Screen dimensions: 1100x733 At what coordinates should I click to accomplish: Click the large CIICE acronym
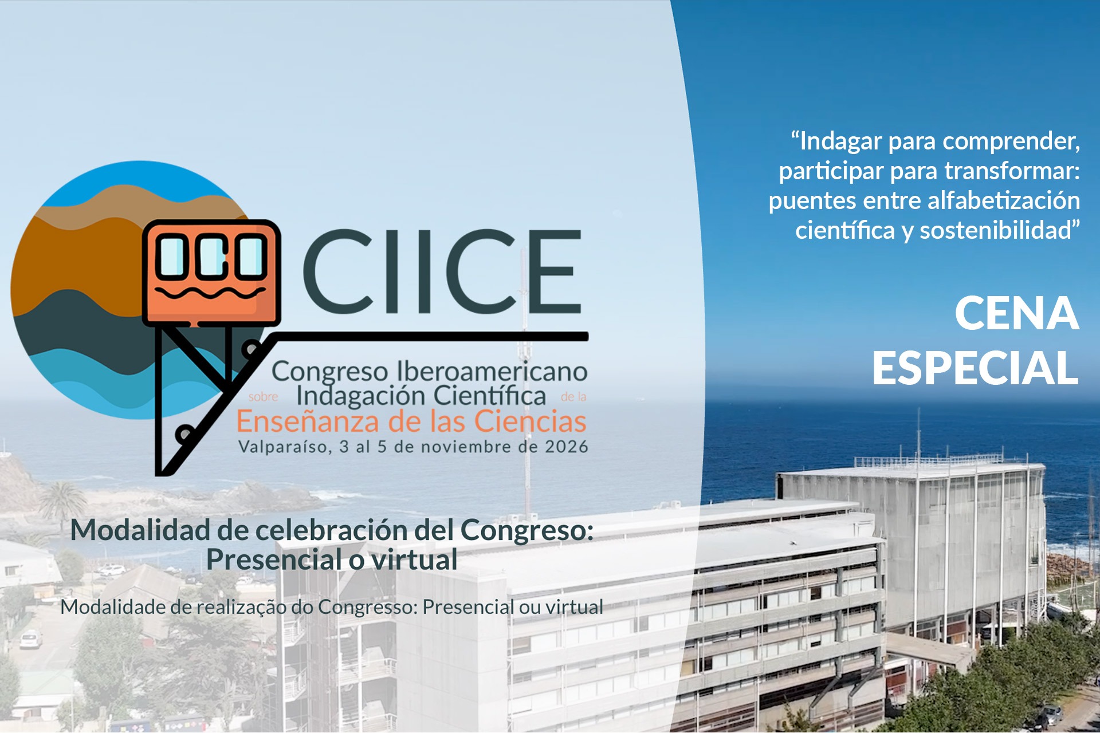tap(442, 271)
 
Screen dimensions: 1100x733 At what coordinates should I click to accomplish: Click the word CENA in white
tap(1017, 313)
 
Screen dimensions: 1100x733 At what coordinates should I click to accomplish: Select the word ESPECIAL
tap(976, 368)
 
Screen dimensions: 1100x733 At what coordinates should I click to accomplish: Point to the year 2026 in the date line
tap(567, 447)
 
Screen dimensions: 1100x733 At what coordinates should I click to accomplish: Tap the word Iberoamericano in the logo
tap(492, 372)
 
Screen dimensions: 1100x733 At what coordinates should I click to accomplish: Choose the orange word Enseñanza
tap(308, 422)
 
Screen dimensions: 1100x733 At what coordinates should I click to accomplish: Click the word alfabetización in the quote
tap(1004, 200)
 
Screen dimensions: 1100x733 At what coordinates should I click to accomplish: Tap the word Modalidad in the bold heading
tap(140, 530)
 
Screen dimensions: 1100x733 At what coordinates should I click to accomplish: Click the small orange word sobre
tap(263, 397)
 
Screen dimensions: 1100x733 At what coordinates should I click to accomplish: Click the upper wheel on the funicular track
tap(250, 348)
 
